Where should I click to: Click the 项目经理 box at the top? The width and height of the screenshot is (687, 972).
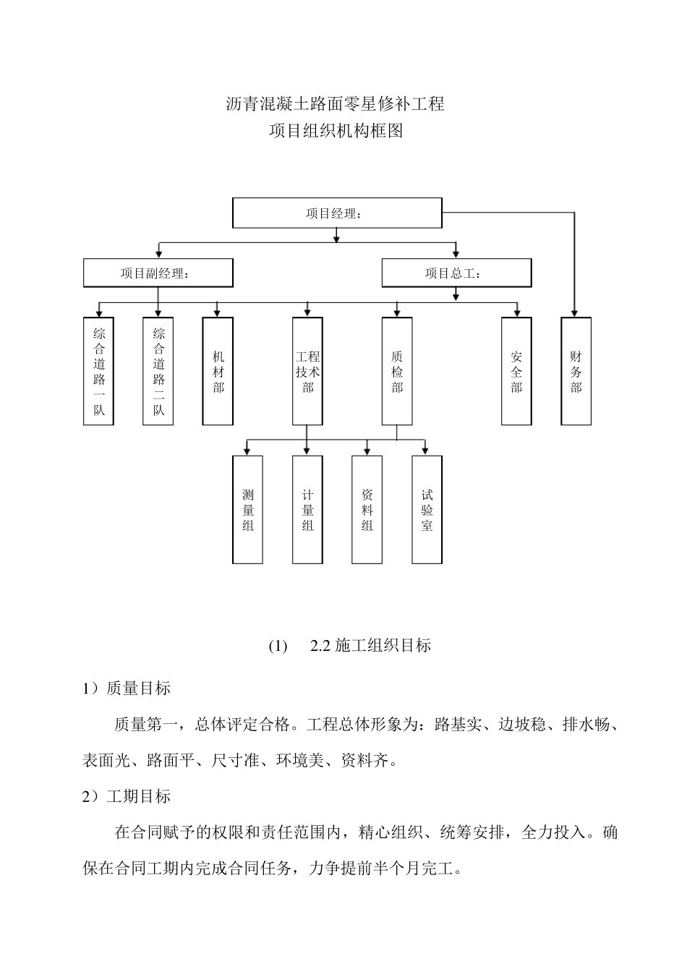[336, 213]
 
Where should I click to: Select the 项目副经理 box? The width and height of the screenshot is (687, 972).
[158, 273]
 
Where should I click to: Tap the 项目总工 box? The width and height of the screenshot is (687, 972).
[456, 273]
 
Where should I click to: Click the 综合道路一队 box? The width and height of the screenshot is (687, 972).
[98, 371]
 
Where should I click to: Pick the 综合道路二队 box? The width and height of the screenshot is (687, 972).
[158, 371]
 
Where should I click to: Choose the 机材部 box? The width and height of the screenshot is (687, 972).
[218, 371]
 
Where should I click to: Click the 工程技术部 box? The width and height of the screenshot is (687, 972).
[307, 371]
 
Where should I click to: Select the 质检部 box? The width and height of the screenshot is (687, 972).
[397, 371]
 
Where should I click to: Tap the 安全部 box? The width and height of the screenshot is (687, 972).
[516, 371]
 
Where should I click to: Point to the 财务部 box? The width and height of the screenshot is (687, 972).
[576, 371]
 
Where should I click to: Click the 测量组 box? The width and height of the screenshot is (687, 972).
[247, 510]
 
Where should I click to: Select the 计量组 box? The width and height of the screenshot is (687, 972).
[307, 510]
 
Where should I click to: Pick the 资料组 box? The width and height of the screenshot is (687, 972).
[367, 510]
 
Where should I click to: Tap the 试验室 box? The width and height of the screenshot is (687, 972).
[427, 510]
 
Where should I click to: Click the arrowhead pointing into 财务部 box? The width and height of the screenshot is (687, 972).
[575, 313]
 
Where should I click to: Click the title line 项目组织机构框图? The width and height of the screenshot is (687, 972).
[336, 132]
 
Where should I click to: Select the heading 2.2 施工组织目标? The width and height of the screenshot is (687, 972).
[370, 646]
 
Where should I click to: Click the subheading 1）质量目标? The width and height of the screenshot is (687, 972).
[127, 688]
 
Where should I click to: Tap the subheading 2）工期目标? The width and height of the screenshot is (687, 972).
[127, 796]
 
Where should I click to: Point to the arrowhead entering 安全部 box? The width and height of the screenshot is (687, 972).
[516, 313]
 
